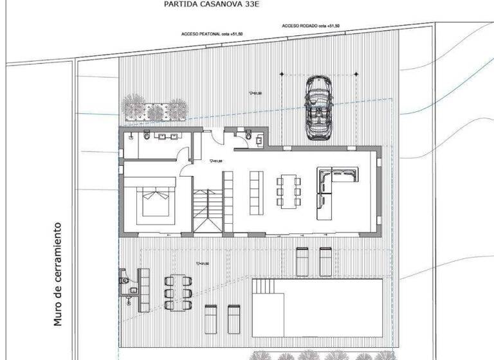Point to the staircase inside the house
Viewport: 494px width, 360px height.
[205, 210]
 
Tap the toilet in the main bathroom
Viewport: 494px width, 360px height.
[147, 136]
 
